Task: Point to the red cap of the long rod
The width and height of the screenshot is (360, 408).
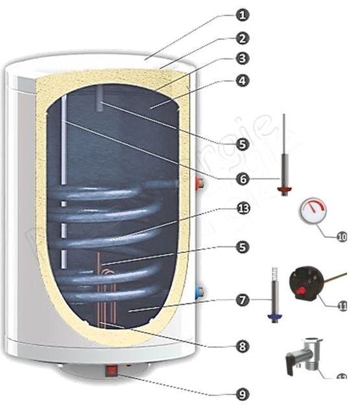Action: (284, 189)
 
